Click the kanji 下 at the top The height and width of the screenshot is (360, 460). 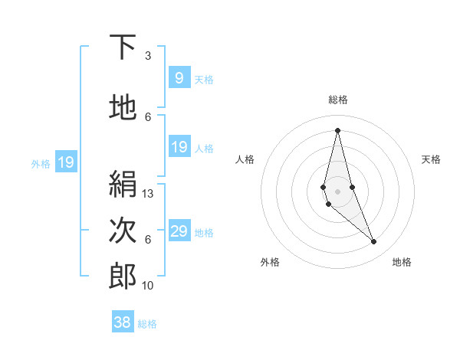pyautogui.click(x=123, y=47)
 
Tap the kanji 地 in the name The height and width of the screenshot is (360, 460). pyautogui.click(x=123, y=108)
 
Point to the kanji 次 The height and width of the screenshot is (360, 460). pyautogui.click(x=123, y=230)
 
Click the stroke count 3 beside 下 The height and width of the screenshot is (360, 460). pyautogui.click(x=148, y=56)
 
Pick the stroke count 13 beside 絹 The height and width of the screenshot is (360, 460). pyautogui.click(x=148, y=194)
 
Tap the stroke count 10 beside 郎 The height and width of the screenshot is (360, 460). pyautogui.click(x=148, y=286)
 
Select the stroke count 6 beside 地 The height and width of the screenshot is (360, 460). pyautogui.click(x=148, y=117)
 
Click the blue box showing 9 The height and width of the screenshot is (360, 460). pyautogui.click(x=179, y=78)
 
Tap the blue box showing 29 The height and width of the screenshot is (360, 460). pyautogui.click(x=179, y=231)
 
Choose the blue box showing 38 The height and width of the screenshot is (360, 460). pyautogui.click(x=122, y=322)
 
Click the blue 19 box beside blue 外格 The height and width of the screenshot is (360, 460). pyautogui.click(x=65, y=162)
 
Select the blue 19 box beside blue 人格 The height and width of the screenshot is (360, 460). pyautogui.click(x=179, y=147)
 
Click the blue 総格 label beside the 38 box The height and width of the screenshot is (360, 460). pyautogui.click(x=147, y=324)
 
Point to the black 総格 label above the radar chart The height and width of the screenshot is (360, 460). pyautogui.click(x=337, y=100)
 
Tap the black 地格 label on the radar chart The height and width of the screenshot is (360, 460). pyautogui.click(x=402, y=262)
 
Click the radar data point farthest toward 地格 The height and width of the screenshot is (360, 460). pyautogui.click(x=374, y=242)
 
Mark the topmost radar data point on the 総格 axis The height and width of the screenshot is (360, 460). pyautogui.click(x=337, y=129)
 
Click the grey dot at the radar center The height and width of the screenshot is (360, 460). pyautogui.click(x=337, y=190)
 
